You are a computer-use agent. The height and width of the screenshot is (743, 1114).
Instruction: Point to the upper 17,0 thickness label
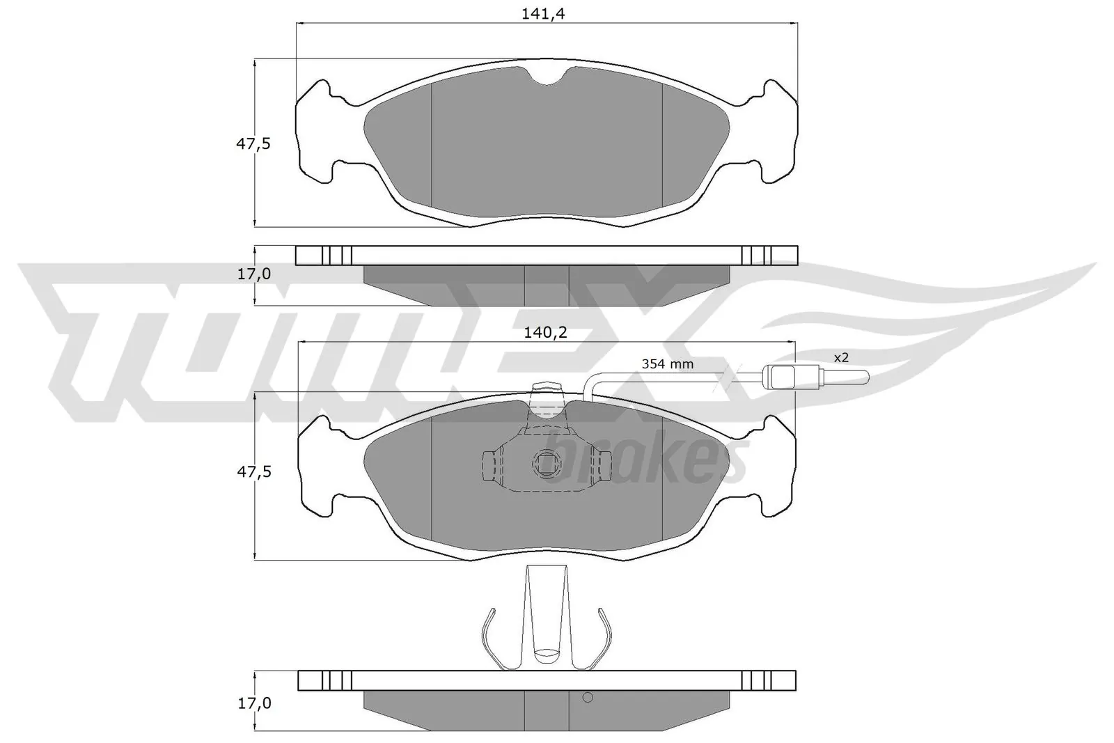(x=254, y=274)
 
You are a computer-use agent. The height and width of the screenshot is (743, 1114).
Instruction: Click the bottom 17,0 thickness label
(x=254, y=704)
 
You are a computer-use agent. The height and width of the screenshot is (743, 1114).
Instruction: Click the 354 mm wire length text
(x=667, y=364)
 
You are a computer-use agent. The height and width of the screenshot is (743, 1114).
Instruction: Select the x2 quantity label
(x=841, y=357)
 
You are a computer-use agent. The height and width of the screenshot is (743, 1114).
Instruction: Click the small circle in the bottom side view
(x=587, y=698)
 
